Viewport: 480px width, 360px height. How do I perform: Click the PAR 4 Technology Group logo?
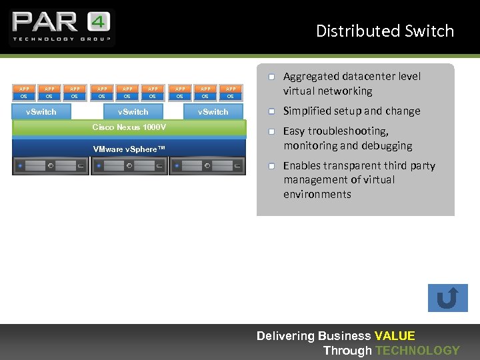61,27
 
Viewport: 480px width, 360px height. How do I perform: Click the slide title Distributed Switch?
385,31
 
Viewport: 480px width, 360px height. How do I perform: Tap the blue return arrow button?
447,298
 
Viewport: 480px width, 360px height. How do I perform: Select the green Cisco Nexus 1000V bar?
129,127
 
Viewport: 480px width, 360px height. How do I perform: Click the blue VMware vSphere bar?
129,149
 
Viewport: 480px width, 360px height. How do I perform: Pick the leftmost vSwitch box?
41,111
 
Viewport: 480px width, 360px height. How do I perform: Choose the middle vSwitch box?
133,111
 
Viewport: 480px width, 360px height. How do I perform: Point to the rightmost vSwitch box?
213,111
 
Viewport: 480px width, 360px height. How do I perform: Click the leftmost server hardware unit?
51,166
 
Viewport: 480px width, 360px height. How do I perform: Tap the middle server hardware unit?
129,166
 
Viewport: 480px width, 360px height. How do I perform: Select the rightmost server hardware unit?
207,166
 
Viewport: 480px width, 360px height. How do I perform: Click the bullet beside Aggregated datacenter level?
272,77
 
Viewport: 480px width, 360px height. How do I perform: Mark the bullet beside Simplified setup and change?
272,111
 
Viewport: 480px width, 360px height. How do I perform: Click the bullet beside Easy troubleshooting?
272,131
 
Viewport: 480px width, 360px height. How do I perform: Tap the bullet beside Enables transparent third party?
272,166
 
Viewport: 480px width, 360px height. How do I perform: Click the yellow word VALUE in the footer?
395,336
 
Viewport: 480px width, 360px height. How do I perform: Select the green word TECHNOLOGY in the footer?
417,351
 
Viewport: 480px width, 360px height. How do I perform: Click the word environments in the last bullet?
317,195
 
